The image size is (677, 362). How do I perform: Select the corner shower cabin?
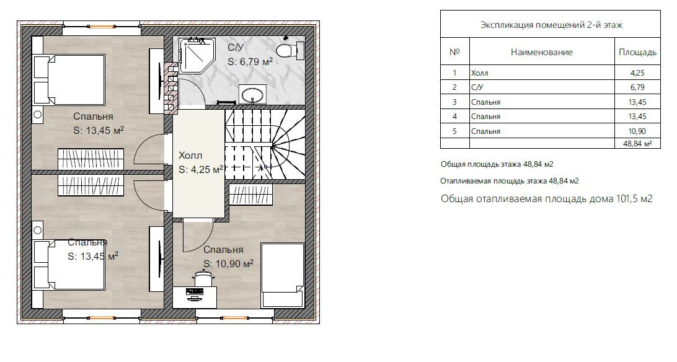click(195, 55)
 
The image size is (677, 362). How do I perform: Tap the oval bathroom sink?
click(253, 94)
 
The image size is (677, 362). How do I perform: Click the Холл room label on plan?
click(190, 156)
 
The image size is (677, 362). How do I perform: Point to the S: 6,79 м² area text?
click(250, 62)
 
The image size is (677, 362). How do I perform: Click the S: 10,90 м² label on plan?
click(228, 263)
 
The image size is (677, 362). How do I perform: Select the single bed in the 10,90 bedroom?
click(282, 275)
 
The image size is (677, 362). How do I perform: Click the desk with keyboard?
click(195, 298)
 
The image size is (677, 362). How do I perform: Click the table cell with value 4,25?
click(637, 73)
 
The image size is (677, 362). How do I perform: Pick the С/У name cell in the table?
click(542, 87)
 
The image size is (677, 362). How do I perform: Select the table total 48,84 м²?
click(637, 144)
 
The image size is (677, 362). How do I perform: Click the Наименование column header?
click(542, 52)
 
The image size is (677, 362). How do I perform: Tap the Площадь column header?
click(637, 52)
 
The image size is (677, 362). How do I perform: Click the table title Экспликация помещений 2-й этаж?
click(551, 25)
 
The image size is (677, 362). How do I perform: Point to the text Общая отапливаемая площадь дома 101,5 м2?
click(546, 198)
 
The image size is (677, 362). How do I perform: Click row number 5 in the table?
click(454, 131)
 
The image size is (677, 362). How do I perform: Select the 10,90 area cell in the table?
click(637, 131)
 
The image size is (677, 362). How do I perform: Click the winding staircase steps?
click(265, 144)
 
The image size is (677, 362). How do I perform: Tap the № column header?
click(454, 52)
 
